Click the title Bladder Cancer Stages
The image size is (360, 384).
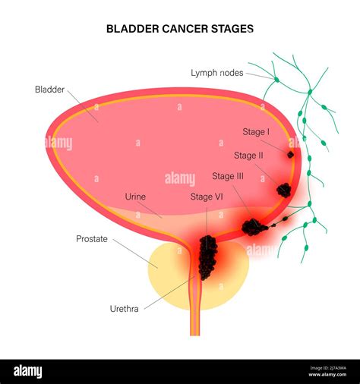click(x=179, y=28)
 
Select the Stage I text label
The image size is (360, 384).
click(x=256, y=131)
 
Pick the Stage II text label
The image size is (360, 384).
click(x=248, y=156)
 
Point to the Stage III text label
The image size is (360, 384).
click(x=228, y=176)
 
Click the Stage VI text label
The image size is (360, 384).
click(x=206, y=197)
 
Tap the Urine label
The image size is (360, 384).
click(x=135, y=197)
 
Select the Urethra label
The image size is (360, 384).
click(x=124, y=309)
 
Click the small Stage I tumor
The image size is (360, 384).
click(x=290, y=155)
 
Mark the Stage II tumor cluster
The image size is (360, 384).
click(x=283, y=190)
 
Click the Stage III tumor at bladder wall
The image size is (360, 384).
click(x=254, y=226)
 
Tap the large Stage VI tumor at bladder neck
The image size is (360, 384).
click(x=207, y=257)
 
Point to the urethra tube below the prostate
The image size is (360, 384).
click(x=195, y=323)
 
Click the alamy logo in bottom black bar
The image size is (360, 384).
click(x=27, y=371)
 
